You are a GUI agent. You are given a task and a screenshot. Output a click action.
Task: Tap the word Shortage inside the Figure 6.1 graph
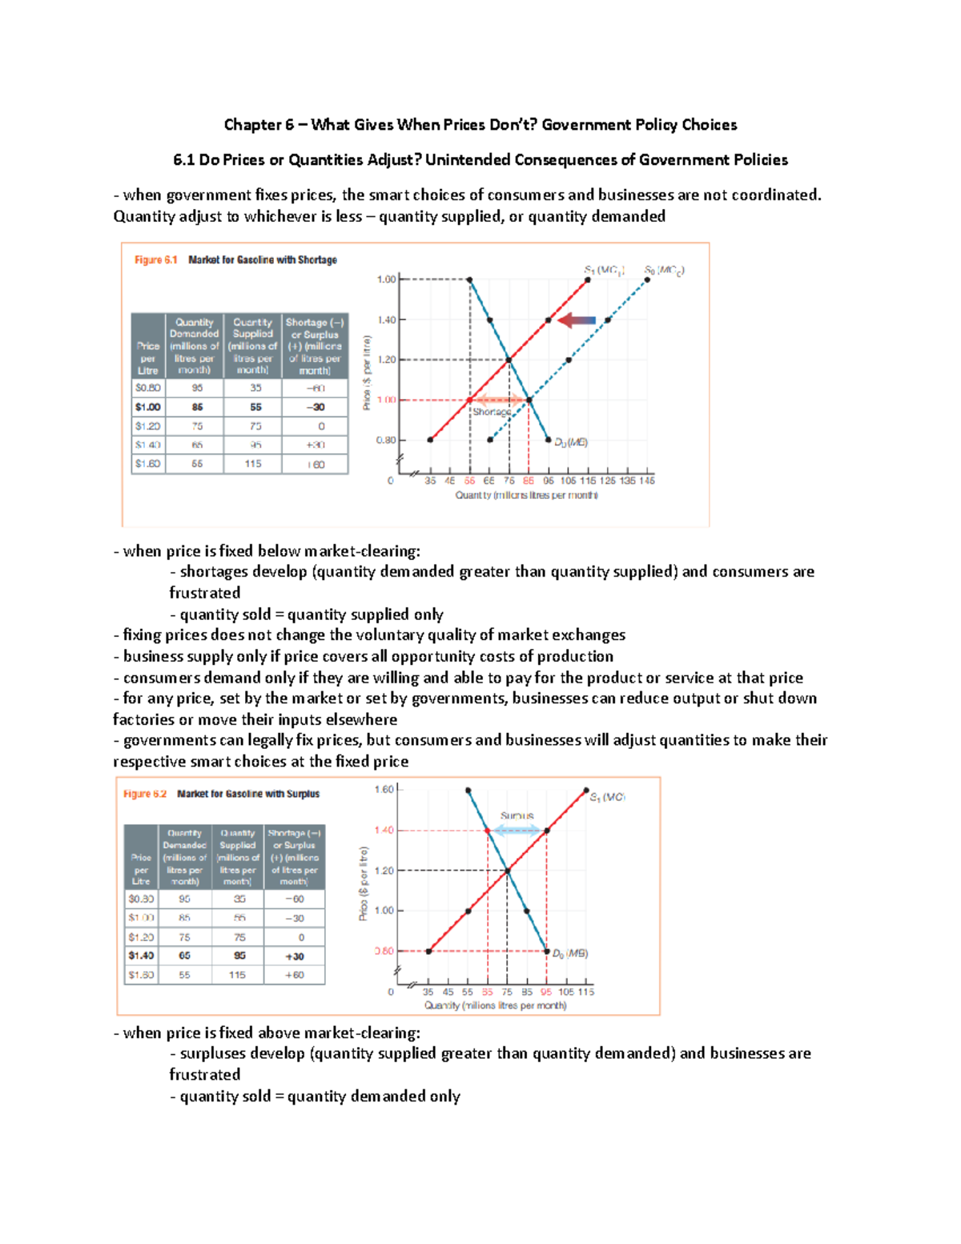coord(491,412)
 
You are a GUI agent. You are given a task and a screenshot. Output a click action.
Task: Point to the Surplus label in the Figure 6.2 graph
coord(517,815)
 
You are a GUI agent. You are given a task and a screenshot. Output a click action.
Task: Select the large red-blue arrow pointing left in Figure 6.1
coord(577,320)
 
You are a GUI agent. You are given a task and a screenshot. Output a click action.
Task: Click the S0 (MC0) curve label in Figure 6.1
coord(664,271)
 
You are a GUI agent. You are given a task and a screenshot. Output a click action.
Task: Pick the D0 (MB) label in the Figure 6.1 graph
coord(571,442)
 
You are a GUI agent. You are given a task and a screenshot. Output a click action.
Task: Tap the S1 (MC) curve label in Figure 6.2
coord(607,797)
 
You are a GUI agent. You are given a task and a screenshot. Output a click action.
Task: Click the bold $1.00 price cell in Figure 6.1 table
coord(148,407)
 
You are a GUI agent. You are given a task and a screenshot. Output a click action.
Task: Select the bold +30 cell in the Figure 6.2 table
coord(295,956)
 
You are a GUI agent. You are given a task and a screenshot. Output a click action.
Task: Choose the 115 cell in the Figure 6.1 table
coord(253,464)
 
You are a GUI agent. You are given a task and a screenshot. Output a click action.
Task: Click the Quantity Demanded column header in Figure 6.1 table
coord(195,346)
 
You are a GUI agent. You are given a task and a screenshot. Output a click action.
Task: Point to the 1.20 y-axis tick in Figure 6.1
coord(386,360)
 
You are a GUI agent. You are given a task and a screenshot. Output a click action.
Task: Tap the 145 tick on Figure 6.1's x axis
coord(647,481)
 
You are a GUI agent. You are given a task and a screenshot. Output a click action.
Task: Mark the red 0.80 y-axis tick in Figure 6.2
coord(384,951)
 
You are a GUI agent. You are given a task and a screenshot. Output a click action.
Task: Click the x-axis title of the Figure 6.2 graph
coord(495,1005)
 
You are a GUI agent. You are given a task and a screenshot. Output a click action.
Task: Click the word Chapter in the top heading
coord(252,124)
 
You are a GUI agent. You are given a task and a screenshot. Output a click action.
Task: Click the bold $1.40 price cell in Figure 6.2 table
coord(141,956)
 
